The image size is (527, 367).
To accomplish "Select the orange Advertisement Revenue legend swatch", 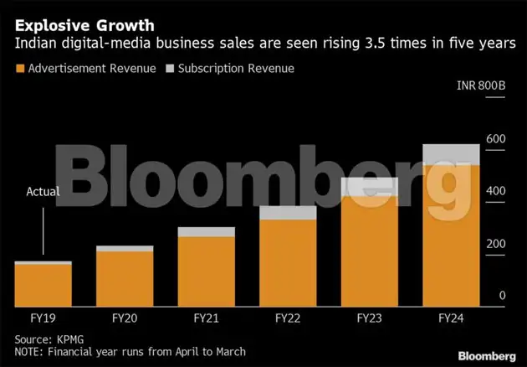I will tap(20, 68).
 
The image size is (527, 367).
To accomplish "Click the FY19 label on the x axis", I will tap(43, 318).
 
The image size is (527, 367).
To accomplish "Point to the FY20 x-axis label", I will tap(125, 318).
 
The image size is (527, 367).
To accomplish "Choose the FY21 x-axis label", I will tap(207, 318).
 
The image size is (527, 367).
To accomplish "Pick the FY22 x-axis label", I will tap(288, 318).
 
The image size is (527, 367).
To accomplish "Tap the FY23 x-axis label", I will tap(370, 318).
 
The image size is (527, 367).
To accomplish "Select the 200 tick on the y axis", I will tap(497, 243).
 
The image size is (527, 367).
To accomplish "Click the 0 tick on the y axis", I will tap(503, 295).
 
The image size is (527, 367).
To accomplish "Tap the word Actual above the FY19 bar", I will tap(43, 192).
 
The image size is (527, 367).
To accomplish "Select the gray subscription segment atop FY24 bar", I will tap(452, 154).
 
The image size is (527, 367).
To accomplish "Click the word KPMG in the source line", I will tap(66, 339).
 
